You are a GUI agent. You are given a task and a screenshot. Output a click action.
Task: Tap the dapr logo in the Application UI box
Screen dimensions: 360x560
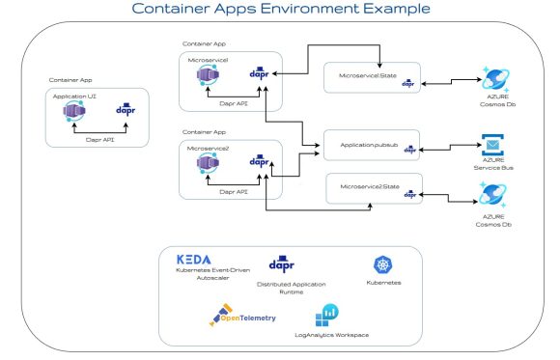(124, 110)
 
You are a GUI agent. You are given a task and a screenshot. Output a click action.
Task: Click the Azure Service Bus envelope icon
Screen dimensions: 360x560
(493, 149)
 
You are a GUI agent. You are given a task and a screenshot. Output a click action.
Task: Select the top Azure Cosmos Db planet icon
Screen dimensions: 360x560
(495, 80)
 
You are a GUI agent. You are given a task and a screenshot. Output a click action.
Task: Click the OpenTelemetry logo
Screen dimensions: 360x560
(242, 318)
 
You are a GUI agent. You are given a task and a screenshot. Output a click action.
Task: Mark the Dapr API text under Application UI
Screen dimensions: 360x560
(94, 139)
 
